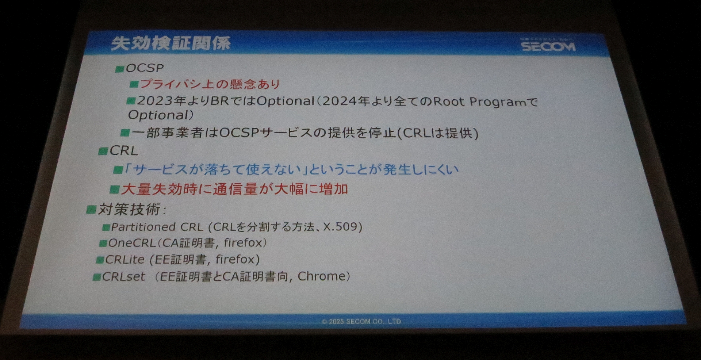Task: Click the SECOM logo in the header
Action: (x=548, y=46)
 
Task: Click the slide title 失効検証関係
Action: (x=171, y=43)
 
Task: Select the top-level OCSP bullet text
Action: (x=145, y=68)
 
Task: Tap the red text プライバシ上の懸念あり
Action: (x=210, y=84)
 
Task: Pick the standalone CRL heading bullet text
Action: (x=124, y=151)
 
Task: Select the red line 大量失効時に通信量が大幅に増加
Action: (x=234, y=189)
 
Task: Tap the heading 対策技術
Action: (x=130, y=209)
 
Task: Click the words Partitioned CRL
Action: (x=157, y=227)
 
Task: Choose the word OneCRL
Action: (x=132, y=243)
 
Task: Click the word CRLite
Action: (x=125, y=260)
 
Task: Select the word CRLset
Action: (x=123, y=276)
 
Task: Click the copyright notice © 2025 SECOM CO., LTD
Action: (x=361, y=321)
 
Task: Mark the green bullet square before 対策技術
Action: (x=91, y=210)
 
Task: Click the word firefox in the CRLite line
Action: (x=235, y=259)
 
